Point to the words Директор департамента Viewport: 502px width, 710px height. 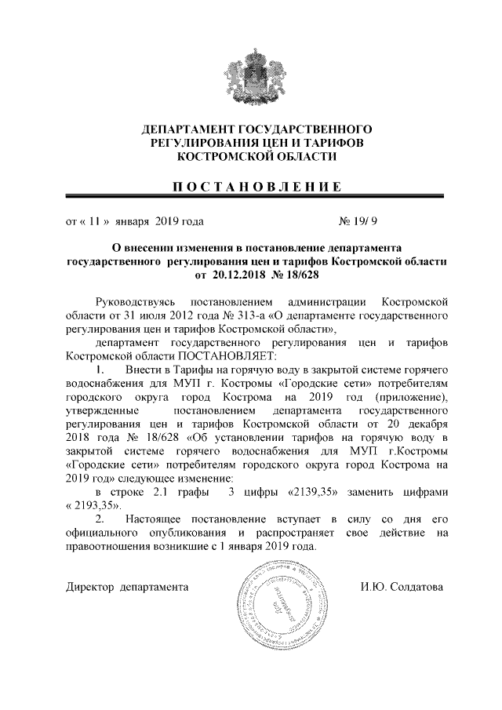(127, 586)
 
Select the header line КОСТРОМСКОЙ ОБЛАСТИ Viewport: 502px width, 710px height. (251, 157)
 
